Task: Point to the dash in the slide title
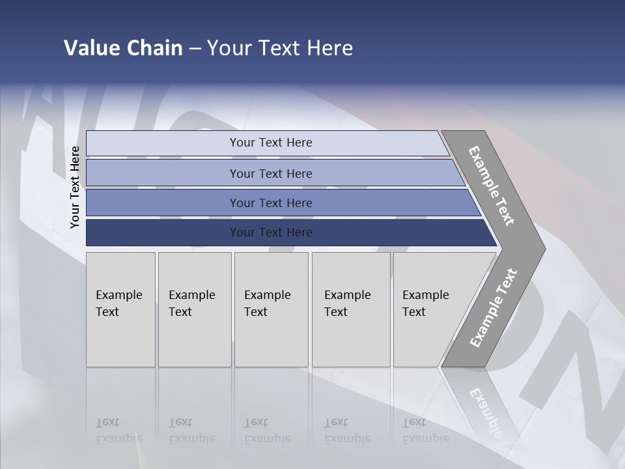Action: [195, 49]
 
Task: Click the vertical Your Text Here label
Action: [75, 188]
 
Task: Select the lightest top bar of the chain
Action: [270, 143]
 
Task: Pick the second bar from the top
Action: [270, 173]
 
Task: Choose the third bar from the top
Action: [270, 203]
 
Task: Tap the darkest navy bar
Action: [270, 233]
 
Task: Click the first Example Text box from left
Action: [120, 309]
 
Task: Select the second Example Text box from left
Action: [195, 309]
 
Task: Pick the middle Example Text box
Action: [271, 309]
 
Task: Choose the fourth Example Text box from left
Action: [350, 309]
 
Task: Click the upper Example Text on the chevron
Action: [492, 186]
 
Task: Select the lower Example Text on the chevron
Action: [493, 307]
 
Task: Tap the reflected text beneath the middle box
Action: [267, 431]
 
